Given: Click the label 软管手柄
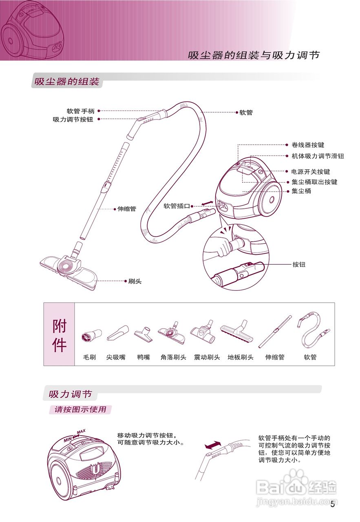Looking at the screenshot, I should (x=81, y=111).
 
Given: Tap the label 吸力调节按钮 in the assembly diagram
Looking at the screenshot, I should (x=73, y=120).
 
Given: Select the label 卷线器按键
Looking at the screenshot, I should (x=308, y=145).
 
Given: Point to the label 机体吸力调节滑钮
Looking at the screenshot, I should (x=318, y=156).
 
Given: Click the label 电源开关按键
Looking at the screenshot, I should (x=311, y=172).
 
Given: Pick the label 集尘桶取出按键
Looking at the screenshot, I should (x=314, y=182).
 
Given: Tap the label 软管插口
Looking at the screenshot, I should (x=177, y=206).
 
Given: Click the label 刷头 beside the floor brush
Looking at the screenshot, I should (x=135, y=281).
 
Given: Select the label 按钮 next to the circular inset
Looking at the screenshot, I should (x=299, y=265).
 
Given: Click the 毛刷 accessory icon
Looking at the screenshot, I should (x=89, y=335).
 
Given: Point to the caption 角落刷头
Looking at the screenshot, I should (x=173, y=357).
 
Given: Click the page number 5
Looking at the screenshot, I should (x=333, y=505).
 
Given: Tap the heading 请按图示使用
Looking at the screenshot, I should (x=80, y=409).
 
